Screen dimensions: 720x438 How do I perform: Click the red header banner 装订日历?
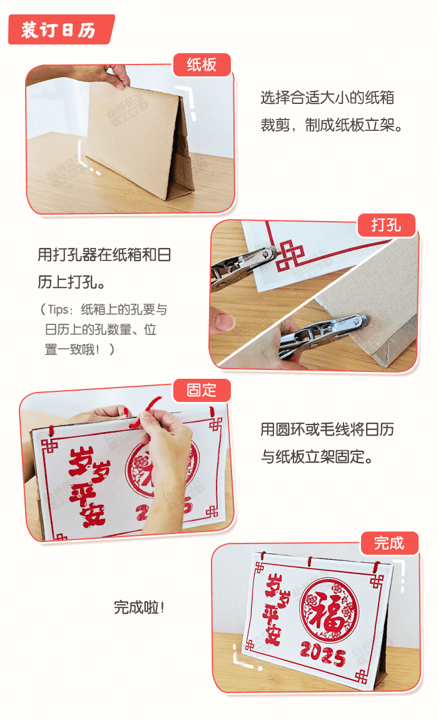pos(59,29)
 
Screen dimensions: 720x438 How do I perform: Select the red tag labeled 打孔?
pos(386,225)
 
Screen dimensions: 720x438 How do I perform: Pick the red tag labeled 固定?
pos(201,390)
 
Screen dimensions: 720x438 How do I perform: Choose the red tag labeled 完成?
pos(389,543)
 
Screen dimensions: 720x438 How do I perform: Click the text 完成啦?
pos(139,607)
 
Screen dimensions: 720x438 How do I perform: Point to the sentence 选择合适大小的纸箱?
pos(327,98)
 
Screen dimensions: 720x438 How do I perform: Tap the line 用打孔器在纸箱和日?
pos(104,255)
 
